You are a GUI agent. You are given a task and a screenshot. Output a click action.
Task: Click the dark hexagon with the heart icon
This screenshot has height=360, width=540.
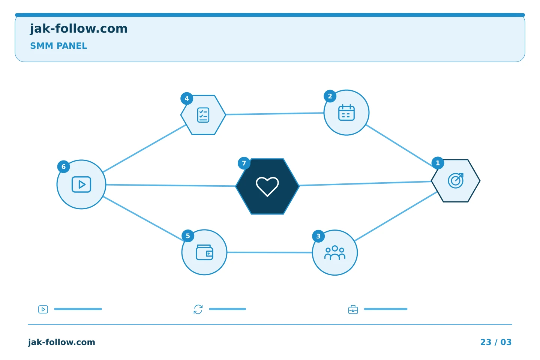click(267, 186)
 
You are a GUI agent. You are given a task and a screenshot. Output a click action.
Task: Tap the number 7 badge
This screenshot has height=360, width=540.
click(244, 163)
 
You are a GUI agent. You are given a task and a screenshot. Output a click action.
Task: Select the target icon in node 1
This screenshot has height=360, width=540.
click(456, 181)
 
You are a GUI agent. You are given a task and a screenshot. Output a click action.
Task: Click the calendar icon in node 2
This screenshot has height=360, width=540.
click(346, 112)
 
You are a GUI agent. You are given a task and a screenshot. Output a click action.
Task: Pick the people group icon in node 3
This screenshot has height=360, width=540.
click(335, 253)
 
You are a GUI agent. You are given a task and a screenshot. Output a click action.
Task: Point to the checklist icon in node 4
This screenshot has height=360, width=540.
click(203, 115)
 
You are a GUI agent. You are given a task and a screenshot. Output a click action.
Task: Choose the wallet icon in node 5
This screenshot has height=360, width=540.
click(204, 252)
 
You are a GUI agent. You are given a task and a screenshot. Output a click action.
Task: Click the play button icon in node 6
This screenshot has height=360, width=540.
click(81, 184)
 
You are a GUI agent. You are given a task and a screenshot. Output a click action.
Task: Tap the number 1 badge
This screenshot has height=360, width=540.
click(438, 163)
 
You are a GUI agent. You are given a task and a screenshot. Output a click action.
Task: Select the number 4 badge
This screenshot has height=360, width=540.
click(187, 98)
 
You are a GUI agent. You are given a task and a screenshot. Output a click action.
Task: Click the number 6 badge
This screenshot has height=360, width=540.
click(64, 166)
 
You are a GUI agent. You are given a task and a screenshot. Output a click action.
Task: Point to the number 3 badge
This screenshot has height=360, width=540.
click(318, 236)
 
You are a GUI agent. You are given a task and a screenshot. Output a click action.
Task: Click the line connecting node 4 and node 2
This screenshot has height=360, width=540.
click(275, 114)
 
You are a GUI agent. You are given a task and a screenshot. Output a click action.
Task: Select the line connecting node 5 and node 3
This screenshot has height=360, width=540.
click(270, 252)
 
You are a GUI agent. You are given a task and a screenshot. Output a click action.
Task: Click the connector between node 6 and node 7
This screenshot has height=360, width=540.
click(171, 185)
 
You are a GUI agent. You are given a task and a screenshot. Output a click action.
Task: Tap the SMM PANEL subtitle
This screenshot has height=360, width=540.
click(58, 46)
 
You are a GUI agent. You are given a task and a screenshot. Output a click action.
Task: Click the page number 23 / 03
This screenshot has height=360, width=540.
click(496, 342)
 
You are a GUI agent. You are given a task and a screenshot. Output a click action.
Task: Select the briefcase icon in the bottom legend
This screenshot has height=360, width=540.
click(353, 309)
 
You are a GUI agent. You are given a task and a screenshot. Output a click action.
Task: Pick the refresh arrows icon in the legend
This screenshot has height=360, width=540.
click(198, 309)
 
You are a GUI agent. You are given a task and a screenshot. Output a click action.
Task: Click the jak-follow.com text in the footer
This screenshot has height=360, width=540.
click(61, 342)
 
